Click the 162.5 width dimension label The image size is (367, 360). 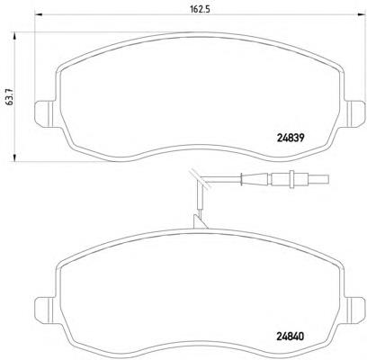click(x=200, y=9)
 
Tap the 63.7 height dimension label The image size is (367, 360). click(x=10, y=96)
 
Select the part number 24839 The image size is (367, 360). click(x=290, y=138)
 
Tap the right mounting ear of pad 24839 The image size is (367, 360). click(x=355, y=113)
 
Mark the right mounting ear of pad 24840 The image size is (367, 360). click(x=355, y=310)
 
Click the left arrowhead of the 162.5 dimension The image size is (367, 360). click(x=40, y=14)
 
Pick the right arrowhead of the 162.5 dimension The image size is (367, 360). click(x=362, y=14)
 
